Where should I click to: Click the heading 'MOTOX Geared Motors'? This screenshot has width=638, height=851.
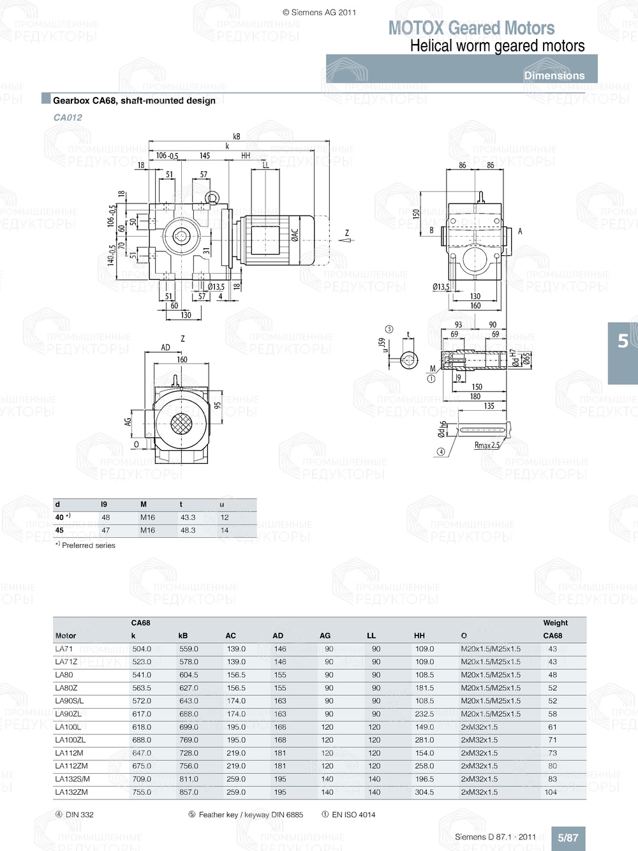coord(471,28)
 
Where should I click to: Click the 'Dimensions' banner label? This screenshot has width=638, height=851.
coord(554,75)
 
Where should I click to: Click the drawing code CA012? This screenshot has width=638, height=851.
coord(68,117)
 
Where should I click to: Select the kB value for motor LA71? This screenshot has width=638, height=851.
coord(188,649)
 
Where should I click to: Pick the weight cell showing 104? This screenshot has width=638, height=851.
coord(551,792)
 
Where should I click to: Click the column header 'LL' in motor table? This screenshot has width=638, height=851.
coord(371,635)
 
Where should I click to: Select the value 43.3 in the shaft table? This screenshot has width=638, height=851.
coord(188,517)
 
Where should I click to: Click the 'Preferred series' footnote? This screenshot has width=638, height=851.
coord(88,545)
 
